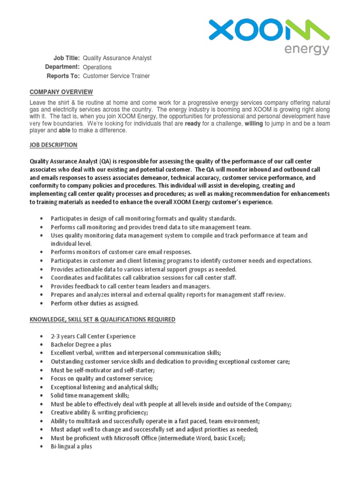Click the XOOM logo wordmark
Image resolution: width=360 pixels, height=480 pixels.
(269, 31)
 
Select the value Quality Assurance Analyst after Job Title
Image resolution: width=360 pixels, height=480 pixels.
(117, 58)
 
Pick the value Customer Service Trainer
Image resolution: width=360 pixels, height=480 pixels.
(116, 76)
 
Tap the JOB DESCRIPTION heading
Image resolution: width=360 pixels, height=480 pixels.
(53, 145)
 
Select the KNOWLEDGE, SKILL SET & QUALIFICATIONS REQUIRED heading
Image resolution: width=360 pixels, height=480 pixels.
(103, 320)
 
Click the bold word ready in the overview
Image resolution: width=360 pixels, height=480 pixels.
(193, 124)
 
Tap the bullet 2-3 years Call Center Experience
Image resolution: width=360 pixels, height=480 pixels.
(93, 337)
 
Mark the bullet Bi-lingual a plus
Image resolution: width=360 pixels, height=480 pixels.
(72, 447)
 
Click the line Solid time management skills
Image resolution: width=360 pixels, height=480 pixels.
(90, 396)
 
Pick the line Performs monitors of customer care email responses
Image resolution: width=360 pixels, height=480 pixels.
(121, 252)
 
